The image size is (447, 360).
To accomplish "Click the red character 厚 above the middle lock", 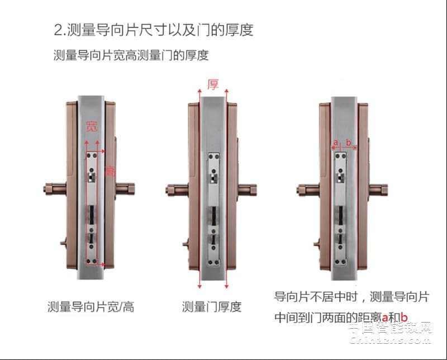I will pos(213,85).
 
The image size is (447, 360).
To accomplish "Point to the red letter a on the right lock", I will pos(335,143).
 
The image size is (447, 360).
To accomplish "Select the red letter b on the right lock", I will pos(349,143).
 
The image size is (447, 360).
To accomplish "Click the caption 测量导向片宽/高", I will pos(91,306).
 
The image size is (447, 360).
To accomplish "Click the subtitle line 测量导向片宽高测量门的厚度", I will pos(131,56).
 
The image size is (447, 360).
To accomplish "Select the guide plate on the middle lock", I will pos(213,207).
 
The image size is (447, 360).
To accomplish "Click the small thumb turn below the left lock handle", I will pos(63,244).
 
